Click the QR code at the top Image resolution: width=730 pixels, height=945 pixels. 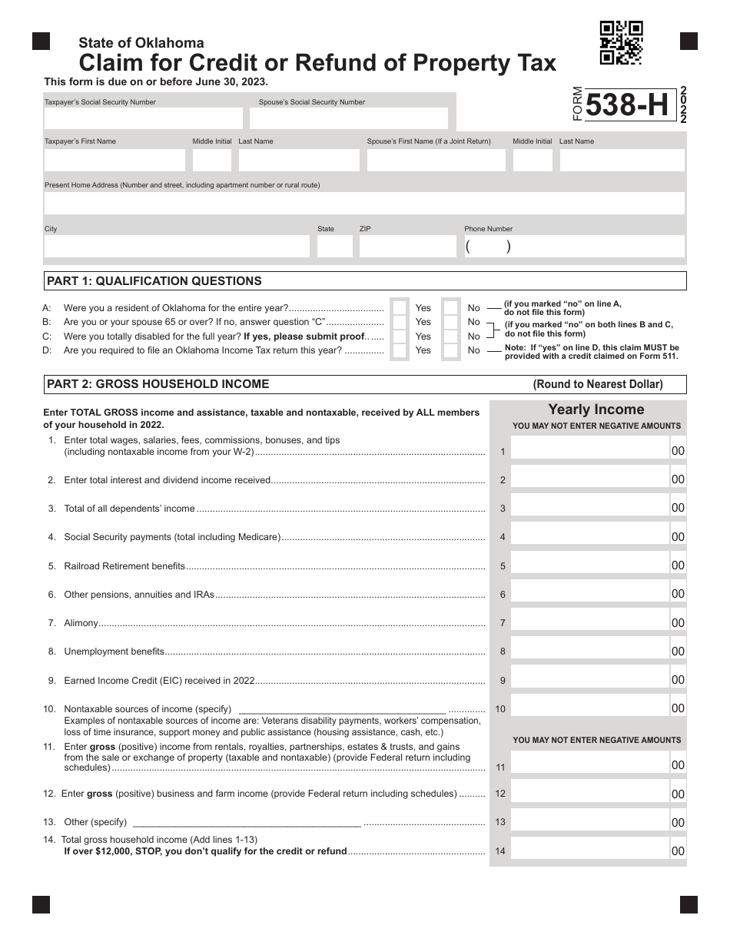click(621, 42)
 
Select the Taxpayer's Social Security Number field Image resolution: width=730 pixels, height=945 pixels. click(144, 118)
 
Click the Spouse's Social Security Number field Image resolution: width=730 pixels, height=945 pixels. click(348, 118)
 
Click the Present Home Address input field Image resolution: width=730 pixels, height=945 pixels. click(363, 204)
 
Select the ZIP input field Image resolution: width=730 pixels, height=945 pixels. click(407, 247)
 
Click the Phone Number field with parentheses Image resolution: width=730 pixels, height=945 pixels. click(573, 247)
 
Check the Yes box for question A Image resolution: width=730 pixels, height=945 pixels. click(400, 308)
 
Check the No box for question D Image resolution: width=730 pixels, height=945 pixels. click(451, 350)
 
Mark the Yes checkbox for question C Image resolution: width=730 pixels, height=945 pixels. click(400, 337)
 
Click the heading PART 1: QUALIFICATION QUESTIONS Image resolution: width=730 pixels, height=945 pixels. click(154, 281)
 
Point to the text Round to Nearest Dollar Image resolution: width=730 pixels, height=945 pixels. click(598, 384)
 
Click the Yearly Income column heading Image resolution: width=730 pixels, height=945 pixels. click(596, 409)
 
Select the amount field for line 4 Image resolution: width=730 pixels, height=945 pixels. click(589, 536)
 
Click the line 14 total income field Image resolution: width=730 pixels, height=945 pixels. click(589, 850)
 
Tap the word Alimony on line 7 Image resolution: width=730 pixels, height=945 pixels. click(81, 623)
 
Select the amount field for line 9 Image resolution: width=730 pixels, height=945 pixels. click(589, 679)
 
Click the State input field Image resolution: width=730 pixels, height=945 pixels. click(334, 247)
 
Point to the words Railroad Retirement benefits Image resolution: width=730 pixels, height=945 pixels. click(124, 566)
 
